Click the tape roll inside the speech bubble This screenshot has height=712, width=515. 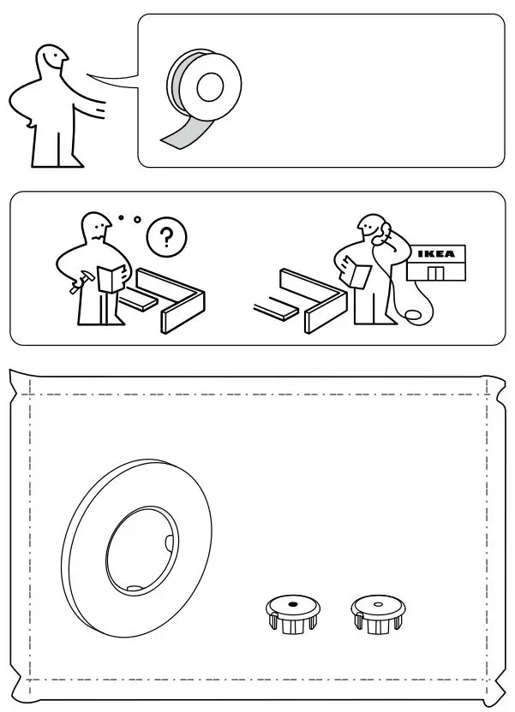(x=204, y=86)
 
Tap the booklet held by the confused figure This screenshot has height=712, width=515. (x=110, y=279)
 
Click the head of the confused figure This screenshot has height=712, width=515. (x=96, y=227)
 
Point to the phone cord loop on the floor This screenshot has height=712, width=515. (x=413, y=317)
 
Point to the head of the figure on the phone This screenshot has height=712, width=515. (x=369, y=227)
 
